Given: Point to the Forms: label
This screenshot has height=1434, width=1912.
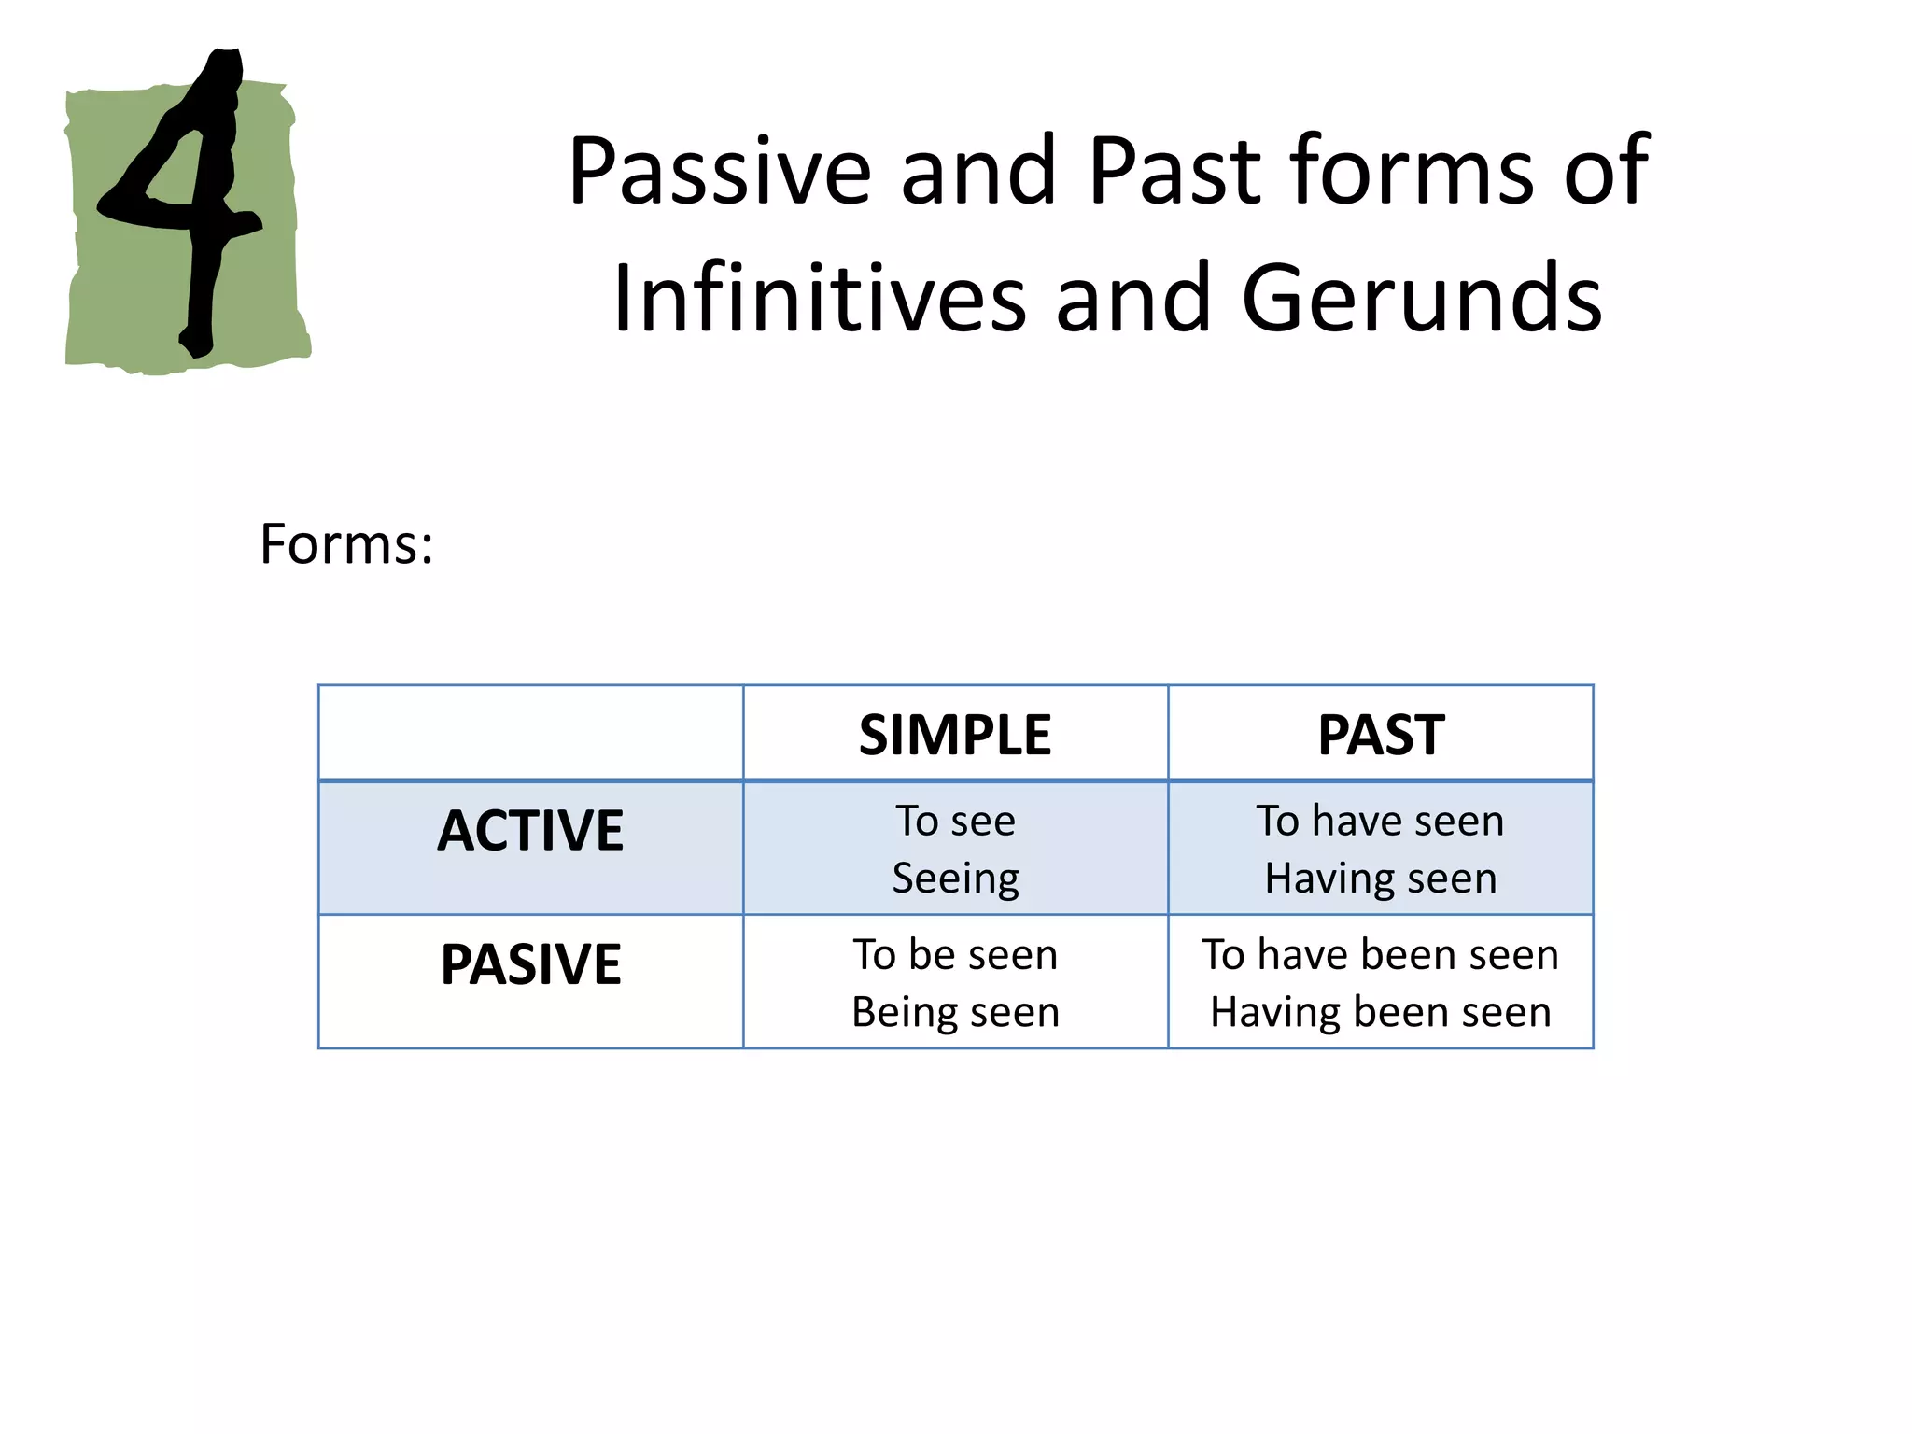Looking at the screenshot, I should pos(346,544).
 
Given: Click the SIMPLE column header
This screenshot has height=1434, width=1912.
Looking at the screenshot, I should pos(955,735).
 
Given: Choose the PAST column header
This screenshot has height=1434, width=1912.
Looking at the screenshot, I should pos(1381,735).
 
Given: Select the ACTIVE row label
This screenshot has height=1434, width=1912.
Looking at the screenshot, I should pos(530,831).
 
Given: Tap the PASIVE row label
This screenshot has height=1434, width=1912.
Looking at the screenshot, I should pos(530,964).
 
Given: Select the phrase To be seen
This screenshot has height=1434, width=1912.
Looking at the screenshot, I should pos(955,955).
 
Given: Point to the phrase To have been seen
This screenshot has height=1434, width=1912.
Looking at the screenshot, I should pos(1380,955).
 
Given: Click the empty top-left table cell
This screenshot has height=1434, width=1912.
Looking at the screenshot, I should pos(530,733).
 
